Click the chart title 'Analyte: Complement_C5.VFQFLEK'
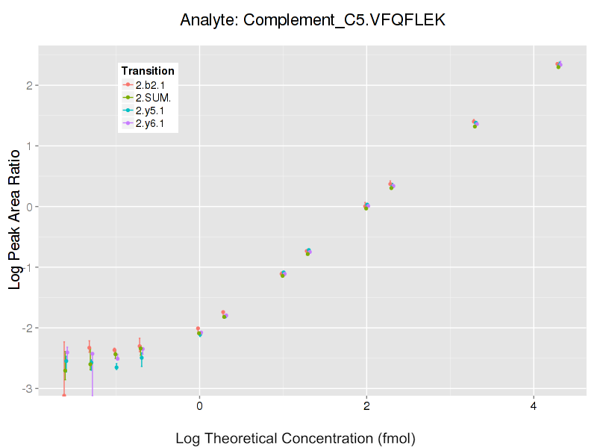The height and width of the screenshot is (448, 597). pyautogui.click(x=313, y=21)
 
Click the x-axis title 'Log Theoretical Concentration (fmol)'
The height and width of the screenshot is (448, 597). pyautogui.click(x=295, y=438)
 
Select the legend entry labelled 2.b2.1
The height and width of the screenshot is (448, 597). pyautogui.click(x=149, y=86)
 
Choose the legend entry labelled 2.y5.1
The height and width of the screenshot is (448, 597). pyautogui.click(x=149, y=111)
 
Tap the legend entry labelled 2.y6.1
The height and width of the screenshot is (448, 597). pyautogui.click(x=149, y=123)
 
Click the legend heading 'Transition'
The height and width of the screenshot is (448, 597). pyautogui.click(x=148, y=71)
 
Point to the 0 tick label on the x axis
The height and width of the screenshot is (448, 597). pyautogui.click(x=199, y=406)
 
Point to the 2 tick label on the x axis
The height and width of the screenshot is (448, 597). pyautogui.click(x=366, y=406)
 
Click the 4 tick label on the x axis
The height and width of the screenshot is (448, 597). pyautogui.click(x=534, y=406)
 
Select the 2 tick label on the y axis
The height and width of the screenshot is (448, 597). pyautogui.click(x=29, y=85)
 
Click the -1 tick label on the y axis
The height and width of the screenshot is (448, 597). pyautogui.click(x=27, y=267)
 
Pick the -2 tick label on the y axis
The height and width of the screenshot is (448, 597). pyautogui.click(x=27, y=328)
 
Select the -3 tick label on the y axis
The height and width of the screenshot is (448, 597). pyautogui.click(x=27, y=389)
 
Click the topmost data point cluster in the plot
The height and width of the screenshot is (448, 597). pyautogui.click(x=558, y=65)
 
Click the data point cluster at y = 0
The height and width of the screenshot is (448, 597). pyautogui.click(x=366, y=206)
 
